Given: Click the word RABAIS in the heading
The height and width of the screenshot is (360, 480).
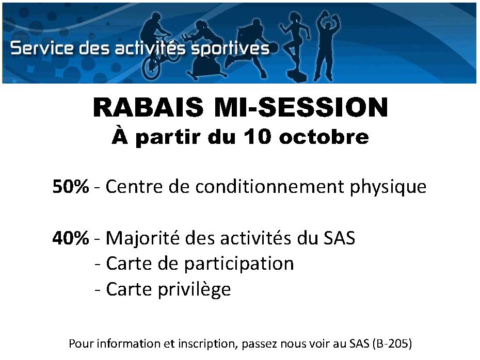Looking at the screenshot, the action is pos(148,107).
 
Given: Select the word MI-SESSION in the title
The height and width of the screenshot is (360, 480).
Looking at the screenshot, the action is pos(301,107).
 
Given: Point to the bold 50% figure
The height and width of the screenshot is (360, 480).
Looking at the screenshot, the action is pos(71,186).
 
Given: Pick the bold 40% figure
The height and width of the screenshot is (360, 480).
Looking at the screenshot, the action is pos(71,238).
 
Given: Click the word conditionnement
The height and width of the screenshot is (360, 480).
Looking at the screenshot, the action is pos(270,186).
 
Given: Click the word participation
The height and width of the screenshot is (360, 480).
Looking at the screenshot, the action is pos(239,264).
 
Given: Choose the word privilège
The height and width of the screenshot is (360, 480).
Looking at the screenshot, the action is pos(194,290).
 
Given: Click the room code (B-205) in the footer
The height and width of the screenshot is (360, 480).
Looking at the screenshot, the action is pos(392,344).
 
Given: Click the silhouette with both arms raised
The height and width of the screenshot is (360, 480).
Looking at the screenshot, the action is pos(327,46).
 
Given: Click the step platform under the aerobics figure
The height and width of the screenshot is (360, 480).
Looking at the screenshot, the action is pos(297,76).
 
